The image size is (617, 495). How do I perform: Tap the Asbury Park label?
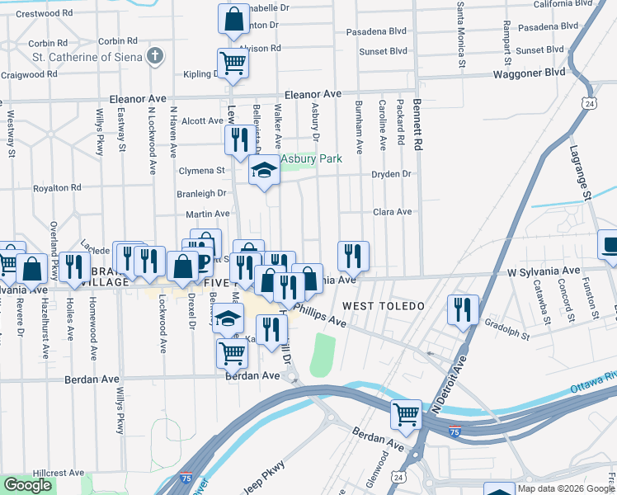click(311, 158)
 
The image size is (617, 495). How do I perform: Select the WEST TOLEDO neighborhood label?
click(383, 306)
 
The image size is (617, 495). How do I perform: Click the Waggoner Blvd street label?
click(528, 73)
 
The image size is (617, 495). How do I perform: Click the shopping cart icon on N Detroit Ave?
click(406, 414)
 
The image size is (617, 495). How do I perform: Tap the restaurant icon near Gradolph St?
click(463, 309)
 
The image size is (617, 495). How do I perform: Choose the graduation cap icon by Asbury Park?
click(264, 171)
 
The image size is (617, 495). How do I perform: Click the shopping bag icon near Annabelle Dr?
click(233, 18)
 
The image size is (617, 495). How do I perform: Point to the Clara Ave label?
click(392, 212)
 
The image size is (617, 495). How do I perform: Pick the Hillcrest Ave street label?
click(55, 474)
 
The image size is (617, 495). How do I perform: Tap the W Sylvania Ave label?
click(544, 271)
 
